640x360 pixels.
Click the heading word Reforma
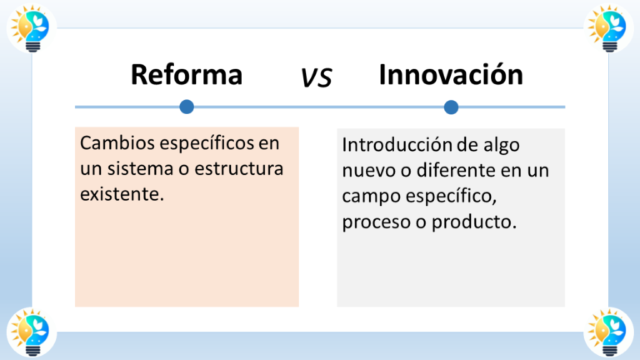click(x=186, y=75)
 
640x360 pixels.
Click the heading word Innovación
click(x=450, y=75)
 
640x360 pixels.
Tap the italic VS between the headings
click(x=317, y=77)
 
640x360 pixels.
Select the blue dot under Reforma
click(x=187, y=107)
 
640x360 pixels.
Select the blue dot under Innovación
click(x=451, y=107)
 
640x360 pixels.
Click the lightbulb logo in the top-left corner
click(x=31, y=29)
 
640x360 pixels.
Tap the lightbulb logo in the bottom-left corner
click(x=31, y=330)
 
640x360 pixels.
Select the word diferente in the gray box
click(x=458, y=170)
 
